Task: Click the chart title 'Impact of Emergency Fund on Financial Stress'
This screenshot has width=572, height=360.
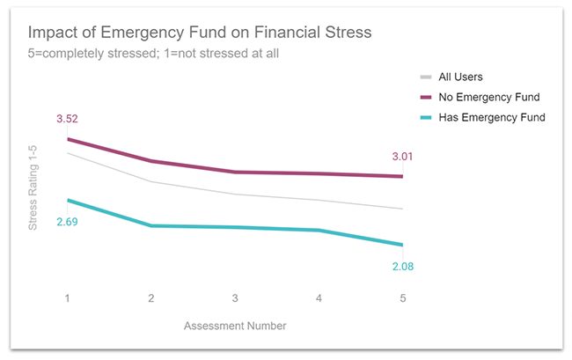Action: pyautogui.click(x=200, y=33)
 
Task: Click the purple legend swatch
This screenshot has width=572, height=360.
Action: pyautogui.click(x=427, y=97)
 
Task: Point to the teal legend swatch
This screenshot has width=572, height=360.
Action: pyautogui.click(x=427, y=117)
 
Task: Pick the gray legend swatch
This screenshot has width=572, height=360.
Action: pyautogui.click(x=427, y=77)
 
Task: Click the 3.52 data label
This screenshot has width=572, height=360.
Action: pyautogui.click(x=67, y=119)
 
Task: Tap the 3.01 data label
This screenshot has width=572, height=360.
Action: pyautogui.click(x=402, y=157)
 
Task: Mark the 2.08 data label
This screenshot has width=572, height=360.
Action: pyautogui.click(x=402, y=265)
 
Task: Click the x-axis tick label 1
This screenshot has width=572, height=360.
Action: pyautogui.click(x=67, y=298)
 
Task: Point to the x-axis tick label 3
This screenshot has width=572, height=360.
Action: pyautogui.click(x=235, y=298)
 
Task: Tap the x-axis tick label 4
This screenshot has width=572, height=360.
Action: pyautogui.click(x=319, y=298)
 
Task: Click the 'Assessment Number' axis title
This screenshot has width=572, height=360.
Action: pyautogui.click(x=235, y=326)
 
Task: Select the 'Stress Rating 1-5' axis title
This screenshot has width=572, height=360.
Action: pyautogui.click(x=33, y=189)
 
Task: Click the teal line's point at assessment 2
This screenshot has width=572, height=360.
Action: pyautogui.click(x=151, y=225)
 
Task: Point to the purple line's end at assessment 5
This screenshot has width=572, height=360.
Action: pyautogui.click(x=402, y=176)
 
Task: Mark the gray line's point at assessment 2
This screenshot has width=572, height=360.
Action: pyautogui.click(x=151, y=181)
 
